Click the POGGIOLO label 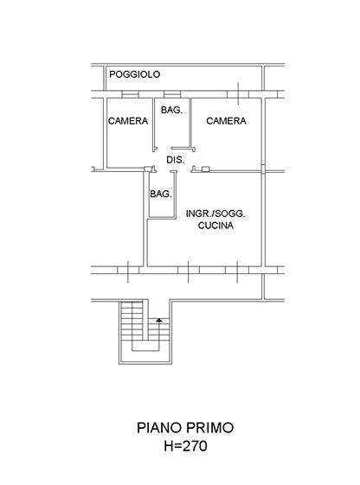click(135, 74)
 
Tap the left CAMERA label click(128, 121)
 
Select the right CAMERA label click(226, 121)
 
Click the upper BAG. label click(172, 110)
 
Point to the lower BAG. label click(161, 194)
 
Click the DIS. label click(176, 160)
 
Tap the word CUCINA click(215, 226)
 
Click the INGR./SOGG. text click(215, 214)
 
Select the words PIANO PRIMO click(185, 428)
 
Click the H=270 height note click(185, 446)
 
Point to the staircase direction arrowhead click(159, 320)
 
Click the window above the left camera click(130, 94)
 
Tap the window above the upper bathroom click(172, 94)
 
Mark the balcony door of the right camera click(238, 94)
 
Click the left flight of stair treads click(132, 321)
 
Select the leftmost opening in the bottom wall click(128, 271)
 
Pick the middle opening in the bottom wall click(189, 271)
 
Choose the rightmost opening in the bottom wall click(237, 271)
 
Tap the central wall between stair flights click(145, 319)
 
